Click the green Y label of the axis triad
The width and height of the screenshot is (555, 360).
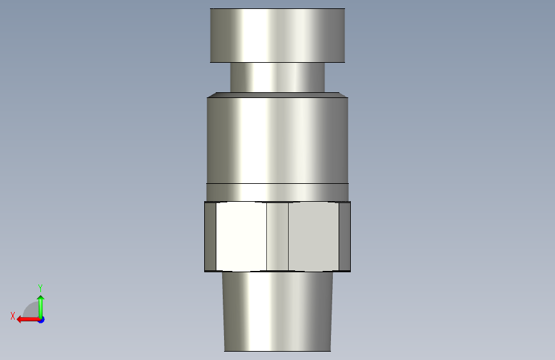click(40, 288)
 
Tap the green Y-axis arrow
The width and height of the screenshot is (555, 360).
click(40, 304)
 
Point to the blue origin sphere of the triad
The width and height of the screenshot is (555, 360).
click(41, 319)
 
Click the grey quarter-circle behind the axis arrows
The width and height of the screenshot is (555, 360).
click(31, 310)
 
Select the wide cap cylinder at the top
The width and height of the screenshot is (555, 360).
click(277, 35)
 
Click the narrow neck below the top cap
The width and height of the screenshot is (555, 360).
click(277, 77)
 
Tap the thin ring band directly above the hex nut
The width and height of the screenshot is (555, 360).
click(277, 192)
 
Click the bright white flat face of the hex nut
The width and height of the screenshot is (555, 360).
click(241, 236)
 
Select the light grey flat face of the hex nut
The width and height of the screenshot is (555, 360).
click(313, 236)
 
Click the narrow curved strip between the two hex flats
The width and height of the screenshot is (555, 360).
click(277, 236)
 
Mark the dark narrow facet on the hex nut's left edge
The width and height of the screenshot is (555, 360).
click(210, 236)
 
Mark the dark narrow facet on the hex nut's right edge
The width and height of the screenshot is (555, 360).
click(344, 236)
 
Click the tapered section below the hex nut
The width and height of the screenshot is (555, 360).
click(277, 311)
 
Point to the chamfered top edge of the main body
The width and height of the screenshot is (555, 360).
click(277, 95)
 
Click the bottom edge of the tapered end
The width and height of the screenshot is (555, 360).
click(277, 351)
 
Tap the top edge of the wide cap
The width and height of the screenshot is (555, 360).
click(277, 9)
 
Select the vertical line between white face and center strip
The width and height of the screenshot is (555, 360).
click(266, 236)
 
